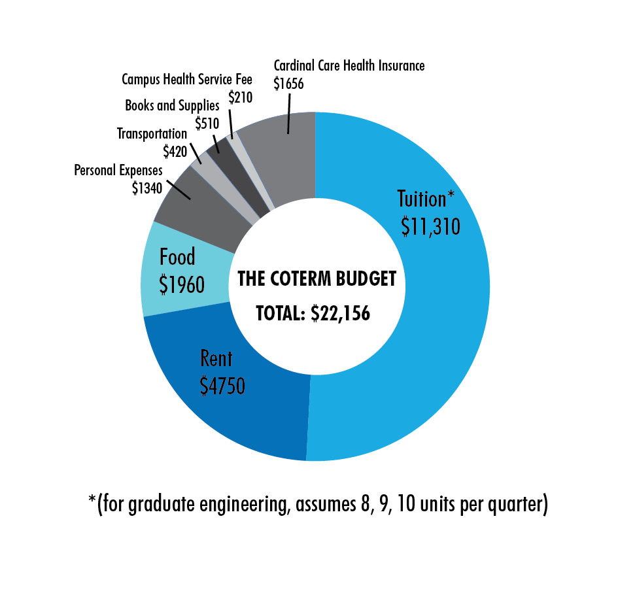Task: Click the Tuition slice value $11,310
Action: click(x=430, y=226)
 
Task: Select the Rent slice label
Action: click(x=216, y=359)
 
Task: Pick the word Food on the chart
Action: click(x=177, y=257)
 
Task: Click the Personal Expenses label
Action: click(x=118, y=171)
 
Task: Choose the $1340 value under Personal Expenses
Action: click(x=146, y=188)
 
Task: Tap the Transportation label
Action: click(x=152, y=134)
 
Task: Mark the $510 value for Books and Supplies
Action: click(x=207, y=122)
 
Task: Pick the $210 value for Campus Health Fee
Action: click(x=240, y=97)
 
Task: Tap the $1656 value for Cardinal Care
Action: click(x=288, y=83)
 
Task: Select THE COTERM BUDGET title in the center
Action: click(x=317, y=280)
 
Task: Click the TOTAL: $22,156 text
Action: click(x=313, y=314)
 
